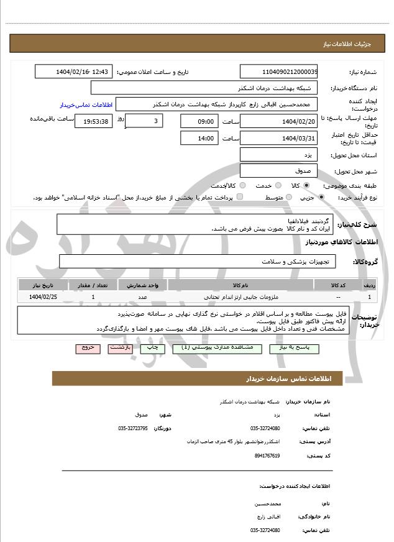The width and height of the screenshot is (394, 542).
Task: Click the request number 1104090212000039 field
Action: [x=278, y=72]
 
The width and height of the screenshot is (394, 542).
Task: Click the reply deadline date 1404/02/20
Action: [x=278, y=121]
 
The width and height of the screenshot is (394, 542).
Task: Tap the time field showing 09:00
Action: [x=199, y=121]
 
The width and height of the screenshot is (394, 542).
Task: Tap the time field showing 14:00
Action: [x=199, y=138]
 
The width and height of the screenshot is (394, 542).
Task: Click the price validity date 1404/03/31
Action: [x=278, y=138]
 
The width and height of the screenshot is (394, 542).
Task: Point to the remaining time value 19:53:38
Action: [x=94, y=121]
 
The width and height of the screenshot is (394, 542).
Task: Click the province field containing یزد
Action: [x=278, y=155]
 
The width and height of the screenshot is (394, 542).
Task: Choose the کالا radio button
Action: [x=306, y=186]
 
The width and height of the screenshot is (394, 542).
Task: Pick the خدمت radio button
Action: [x=277, y=186]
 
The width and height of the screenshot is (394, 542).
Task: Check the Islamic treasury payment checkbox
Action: [x=240, y=197]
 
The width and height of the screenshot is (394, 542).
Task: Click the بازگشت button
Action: [x=121, y=348]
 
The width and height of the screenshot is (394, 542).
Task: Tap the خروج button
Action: [x=87, y=348]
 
